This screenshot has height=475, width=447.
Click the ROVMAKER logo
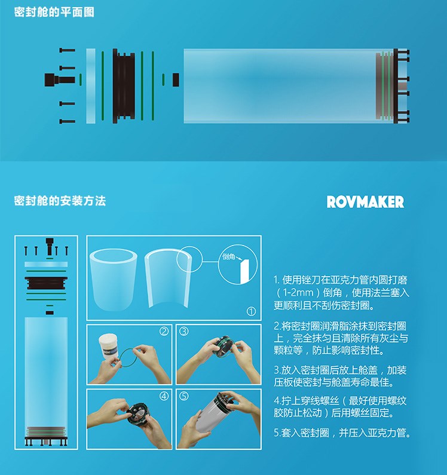365,202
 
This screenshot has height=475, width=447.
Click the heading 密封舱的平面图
54,12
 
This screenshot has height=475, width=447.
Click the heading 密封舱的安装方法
60,201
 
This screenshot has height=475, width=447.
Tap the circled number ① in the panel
251,311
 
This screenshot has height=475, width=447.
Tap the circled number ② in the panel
164,332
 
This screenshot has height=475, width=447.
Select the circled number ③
184,332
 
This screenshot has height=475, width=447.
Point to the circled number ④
164,396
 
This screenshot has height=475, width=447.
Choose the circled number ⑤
184,396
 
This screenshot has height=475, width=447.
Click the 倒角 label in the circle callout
228,256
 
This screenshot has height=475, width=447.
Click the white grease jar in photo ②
108,346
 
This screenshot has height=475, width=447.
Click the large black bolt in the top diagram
60,79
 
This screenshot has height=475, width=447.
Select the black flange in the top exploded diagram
124,85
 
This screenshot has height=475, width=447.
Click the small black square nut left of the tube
176,79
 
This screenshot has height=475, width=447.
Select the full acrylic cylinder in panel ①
114,278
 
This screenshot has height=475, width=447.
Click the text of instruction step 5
342,433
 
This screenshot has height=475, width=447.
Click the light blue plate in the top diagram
91,85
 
